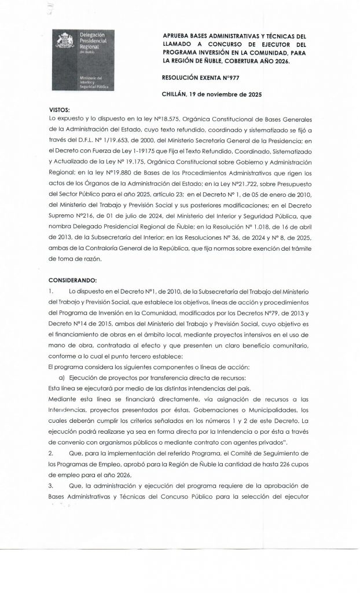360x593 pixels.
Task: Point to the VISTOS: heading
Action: (x=65, y=109)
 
